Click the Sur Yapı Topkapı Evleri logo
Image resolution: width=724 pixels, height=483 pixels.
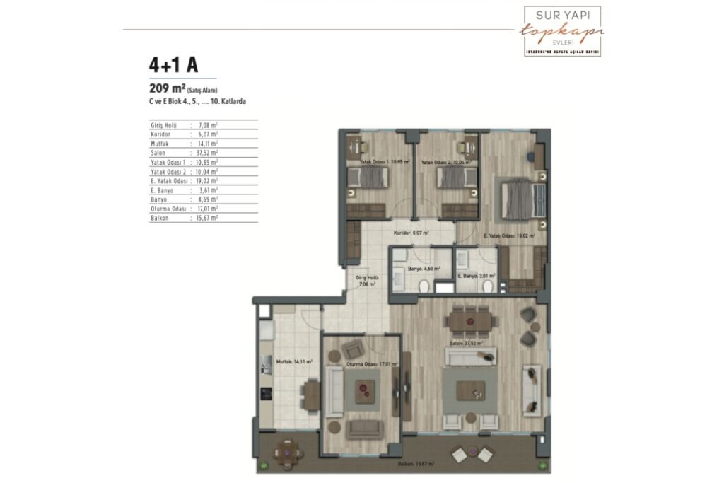pyautogui.click(x=561, y=31)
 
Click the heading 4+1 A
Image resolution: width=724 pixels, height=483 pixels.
pyautogui.click(x=173, y=65)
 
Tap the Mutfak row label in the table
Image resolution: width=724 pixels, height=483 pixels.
pyautogui.click(x=160, y=143)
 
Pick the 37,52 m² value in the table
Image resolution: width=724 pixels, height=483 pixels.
pyautogui.click(x=204, y=152)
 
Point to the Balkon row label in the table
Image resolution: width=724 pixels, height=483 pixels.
pyautogui.click(x=159, y=218)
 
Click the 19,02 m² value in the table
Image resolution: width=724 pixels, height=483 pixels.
pyautogui.click(x=204, y=180)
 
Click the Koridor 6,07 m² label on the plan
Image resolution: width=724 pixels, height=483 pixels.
pyautogui.click(x=412, y=231)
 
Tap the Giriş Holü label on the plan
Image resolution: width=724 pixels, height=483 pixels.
pyautogui.click(x=365, y=281)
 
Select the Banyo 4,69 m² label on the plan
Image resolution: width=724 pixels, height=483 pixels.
pyautogui.click(x=425, y=269)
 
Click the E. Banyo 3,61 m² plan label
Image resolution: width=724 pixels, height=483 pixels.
pyautogui.click(x=477, y=276)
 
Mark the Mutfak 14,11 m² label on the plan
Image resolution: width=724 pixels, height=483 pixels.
pyautogui.click(x=291, y=361)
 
